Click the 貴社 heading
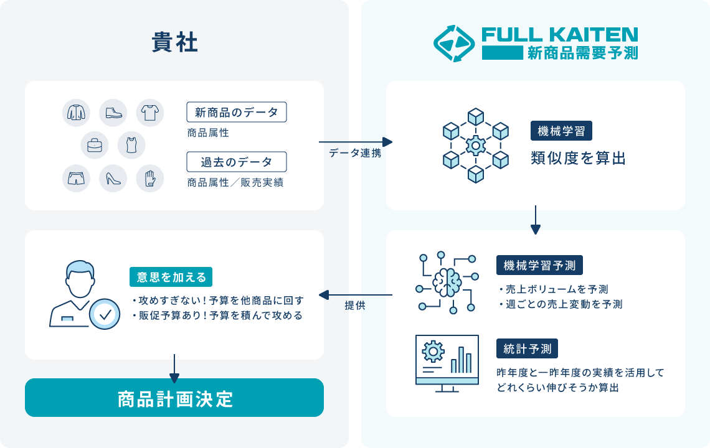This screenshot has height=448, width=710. [174, 43]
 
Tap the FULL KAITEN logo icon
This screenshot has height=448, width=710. [454, 43]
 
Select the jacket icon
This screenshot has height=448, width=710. [76, 113]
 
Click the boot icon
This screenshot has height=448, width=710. [113, 113]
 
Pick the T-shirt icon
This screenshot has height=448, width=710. [149, 113]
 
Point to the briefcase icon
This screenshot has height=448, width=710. [95, 146]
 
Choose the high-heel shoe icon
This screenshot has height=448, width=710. [113, 179]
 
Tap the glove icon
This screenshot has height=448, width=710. [149, 179]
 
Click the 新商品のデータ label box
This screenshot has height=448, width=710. [237, 112]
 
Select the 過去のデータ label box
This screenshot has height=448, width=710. [237, 162]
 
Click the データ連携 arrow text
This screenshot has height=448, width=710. [355, 153]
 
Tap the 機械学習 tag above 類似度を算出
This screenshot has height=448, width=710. [561, 131]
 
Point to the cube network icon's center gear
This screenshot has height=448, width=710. [476, 146]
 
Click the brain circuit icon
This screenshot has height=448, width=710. [447, 282]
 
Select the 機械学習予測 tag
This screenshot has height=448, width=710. [540, 265]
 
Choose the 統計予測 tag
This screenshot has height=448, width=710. [527, 348]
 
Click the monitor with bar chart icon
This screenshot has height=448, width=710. [447, 363]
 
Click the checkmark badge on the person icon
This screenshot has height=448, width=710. [105, 315]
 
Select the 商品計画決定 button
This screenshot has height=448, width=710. [174, 398]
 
